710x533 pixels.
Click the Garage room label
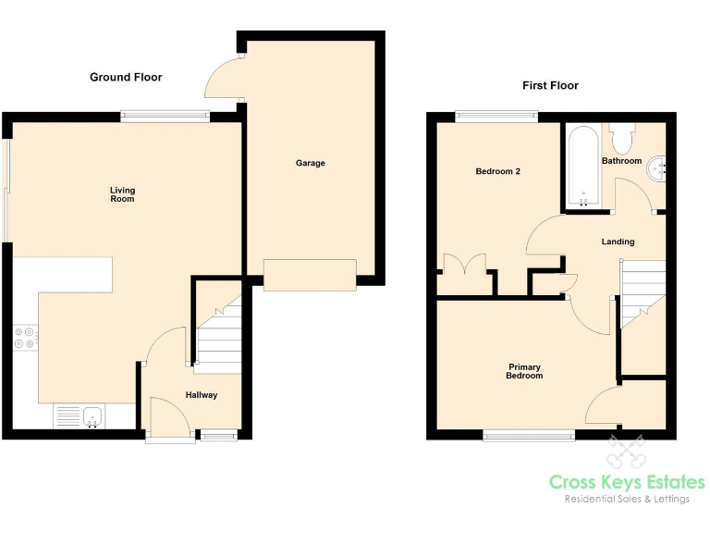pyautogui.click(x=310, y=163)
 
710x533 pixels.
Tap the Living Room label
pyautogui.click(x=123, y=194)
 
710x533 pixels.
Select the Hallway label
pyautogui.click(x=202, y=395)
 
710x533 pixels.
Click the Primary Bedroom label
pyautogui.click(x=524, y=371)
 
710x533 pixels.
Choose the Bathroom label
pyautogui.click(x=621, y=161)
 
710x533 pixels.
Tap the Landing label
pyautogui.click(x=618, y=242)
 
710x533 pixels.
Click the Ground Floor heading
pyautogui.click(x=126, y=77)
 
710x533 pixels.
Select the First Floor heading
pyautogui.click(x=550, y=85)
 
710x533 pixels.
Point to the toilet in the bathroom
pyautogui.click(x=620, y=138)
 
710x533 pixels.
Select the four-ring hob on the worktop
pyautogui.click(x=25, y=338)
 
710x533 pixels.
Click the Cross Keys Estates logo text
pyautogui.click(x=627, y=482)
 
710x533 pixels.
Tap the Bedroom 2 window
pyautogui.click(x=496, y=117)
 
